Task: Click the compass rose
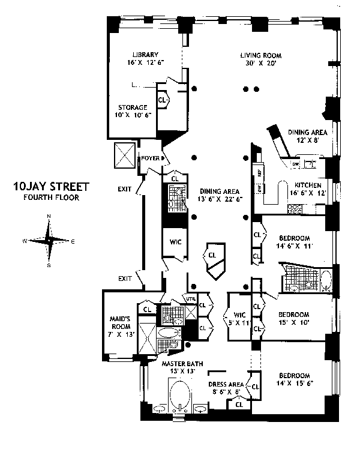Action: coord(49,241)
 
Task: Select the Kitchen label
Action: coord(307,185)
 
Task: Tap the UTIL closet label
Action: coord(190,298)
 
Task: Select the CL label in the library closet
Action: coord(162,100)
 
